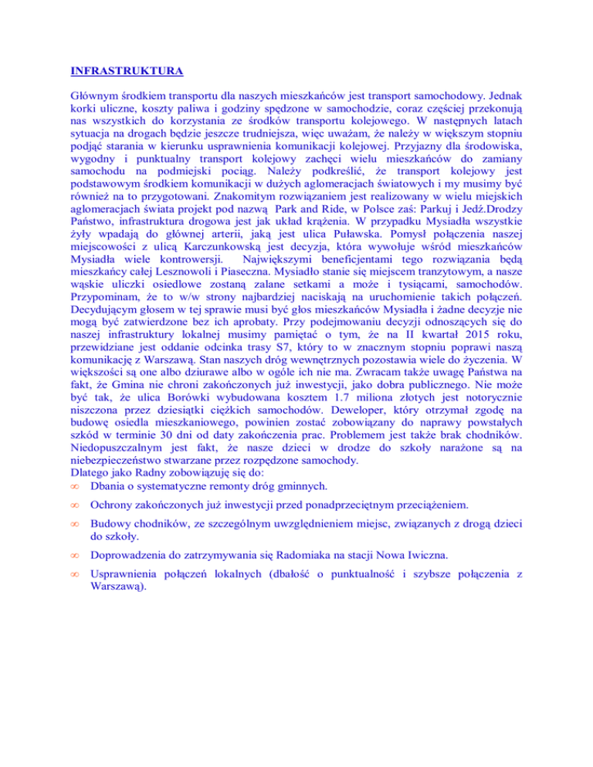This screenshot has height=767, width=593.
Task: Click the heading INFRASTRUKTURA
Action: (126, 73)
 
